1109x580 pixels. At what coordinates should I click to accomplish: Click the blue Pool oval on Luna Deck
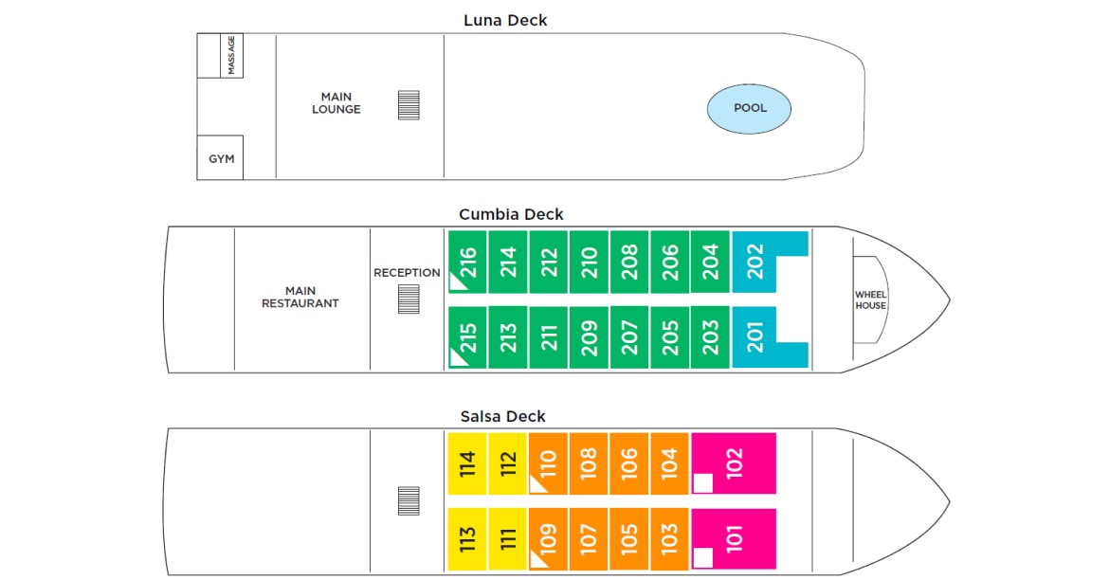(x=749, y=108)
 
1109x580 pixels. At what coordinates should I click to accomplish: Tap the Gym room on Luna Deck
(x=221, y=158)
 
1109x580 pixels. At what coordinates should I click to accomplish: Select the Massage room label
(x=231, y=56)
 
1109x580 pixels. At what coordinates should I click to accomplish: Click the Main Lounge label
(x=336, y=103)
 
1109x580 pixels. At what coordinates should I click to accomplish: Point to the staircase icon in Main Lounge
(x=409, y=104)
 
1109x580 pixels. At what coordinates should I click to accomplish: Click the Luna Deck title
(x=505, y=20)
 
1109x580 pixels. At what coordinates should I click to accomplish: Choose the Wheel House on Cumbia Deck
(x=870, y=300)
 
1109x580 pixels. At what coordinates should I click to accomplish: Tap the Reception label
(x=407, y=273)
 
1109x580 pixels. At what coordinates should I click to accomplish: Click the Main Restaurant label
(x=300, y=298)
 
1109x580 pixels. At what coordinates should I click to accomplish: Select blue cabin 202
(x=755, y=262)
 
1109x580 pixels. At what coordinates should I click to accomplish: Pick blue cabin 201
(x=755, y=337)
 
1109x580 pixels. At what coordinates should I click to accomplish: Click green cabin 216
(x=468, y=262)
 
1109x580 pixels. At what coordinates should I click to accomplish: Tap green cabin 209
(x=590, y=337)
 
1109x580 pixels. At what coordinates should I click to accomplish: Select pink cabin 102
(x=734, y=462)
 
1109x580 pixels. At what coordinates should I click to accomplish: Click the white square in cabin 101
(x=702, y=558)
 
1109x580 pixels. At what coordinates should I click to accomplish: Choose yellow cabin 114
(x=467, y=463)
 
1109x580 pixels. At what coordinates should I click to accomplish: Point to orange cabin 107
(x=589, y=539)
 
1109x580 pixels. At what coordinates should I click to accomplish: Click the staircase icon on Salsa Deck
(x=409, y=500)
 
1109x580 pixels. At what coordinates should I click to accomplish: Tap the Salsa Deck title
(x=503, y=416)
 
